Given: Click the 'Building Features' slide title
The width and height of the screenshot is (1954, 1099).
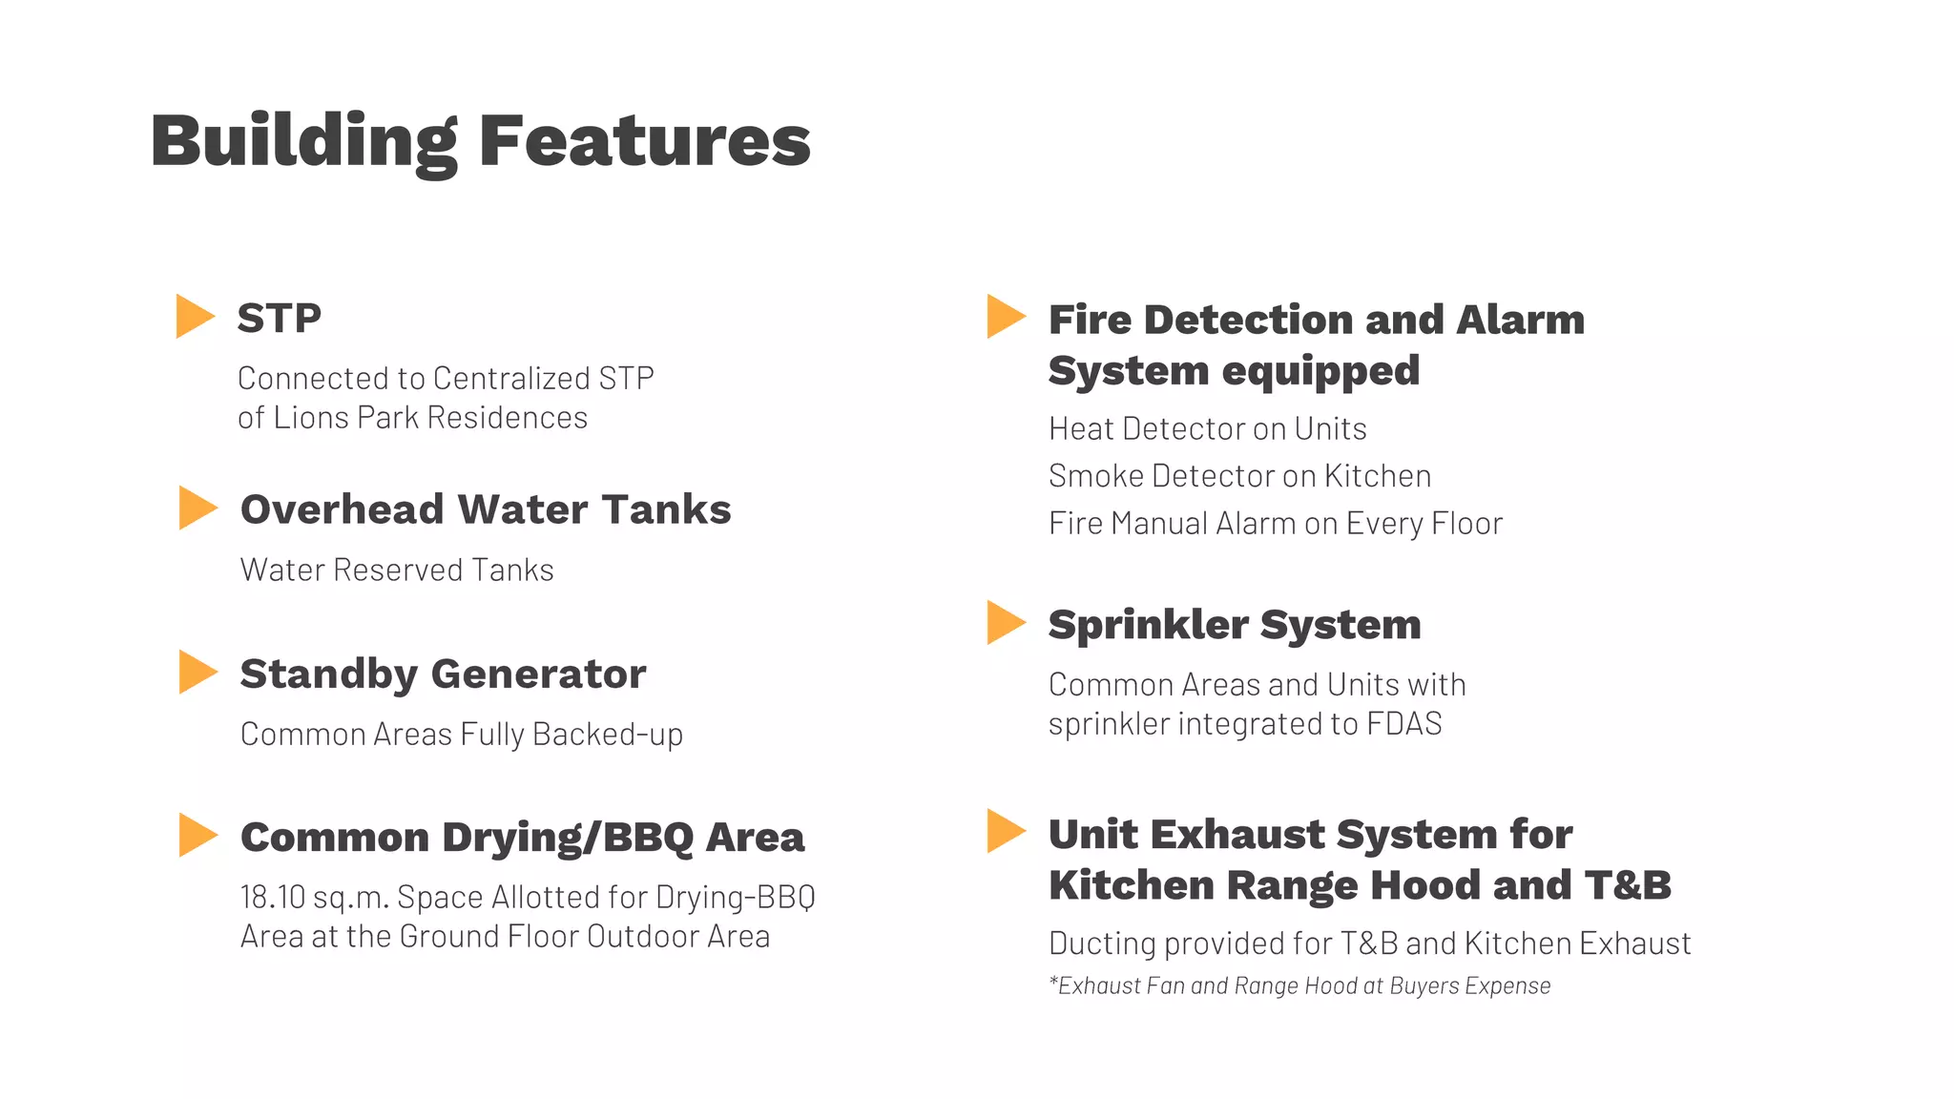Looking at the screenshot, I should (480, 141).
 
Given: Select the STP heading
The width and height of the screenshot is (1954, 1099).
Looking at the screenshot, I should (279, 318).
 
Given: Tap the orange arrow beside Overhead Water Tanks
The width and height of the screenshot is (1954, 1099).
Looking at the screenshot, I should (197, 508).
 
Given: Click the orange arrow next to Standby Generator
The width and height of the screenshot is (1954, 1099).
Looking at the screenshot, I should (197, 673).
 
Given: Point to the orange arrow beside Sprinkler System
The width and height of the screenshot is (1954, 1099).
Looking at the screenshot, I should (1005, 622).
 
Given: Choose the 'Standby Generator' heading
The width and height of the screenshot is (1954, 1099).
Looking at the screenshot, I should (443, 674).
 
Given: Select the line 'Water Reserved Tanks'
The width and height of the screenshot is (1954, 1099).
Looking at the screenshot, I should (397, 570).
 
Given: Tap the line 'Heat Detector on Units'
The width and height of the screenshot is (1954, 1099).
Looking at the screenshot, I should (1207, 428).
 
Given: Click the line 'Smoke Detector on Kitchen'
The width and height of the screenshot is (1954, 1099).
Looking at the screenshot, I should (1239, 475).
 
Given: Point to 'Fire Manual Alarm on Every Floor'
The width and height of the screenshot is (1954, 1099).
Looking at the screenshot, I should (1275, 523).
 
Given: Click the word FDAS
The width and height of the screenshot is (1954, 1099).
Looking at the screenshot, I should (1403, 723).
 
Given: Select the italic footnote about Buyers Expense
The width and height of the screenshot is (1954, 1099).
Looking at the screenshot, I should (1299, 985).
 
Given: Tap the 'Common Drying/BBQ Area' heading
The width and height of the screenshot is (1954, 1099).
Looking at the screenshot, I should (522, 837).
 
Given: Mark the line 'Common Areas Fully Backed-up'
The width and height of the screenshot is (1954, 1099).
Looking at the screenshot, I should (462, 734).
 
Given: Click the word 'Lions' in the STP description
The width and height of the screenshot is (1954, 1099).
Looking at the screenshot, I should (310, 417).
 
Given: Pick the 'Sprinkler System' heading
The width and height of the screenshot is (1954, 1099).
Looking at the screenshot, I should (1235, 625).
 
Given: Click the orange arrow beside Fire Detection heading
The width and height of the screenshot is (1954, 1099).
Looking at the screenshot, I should (1005, 317).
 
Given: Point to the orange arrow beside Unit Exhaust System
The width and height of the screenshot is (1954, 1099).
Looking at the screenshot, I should (1005, 831).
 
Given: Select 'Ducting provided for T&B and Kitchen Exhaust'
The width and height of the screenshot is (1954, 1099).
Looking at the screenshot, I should (1369, 943).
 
